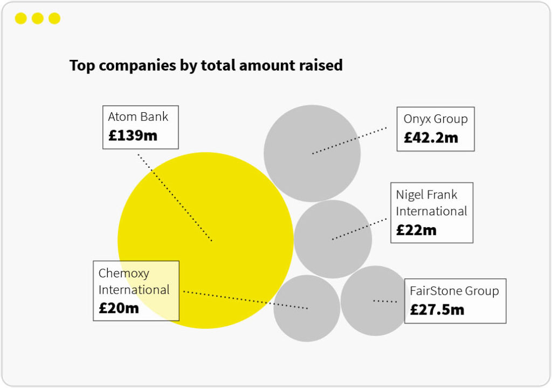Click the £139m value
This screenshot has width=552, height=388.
tap(133, 135)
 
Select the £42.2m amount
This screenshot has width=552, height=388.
tap(431, 138)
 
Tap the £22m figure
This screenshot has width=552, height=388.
tap(416, 230)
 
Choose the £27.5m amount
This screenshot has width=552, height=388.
tap(437, 310)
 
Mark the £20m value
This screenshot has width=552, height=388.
tap(119, 308)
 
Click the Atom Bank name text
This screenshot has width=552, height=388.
tap(138, 117)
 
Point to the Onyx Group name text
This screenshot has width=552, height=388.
tap(436, 119)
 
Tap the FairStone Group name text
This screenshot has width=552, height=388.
tap(454, 291)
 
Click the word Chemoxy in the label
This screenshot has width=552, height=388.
tap(124, 273)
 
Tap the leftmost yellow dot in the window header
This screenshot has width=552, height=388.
tap(20, 19)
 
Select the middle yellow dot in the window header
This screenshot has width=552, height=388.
tap(37, 19)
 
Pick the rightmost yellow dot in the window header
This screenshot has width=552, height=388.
tap(54, 19)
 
